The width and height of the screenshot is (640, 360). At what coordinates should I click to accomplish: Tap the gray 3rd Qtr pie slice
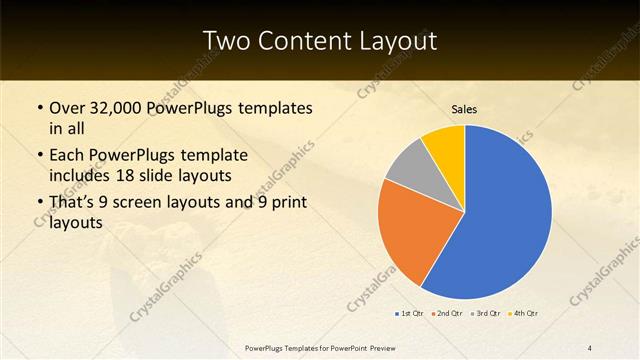[x=408, y=166]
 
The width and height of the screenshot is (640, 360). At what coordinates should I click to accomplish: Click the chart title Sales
[x=464, y=110]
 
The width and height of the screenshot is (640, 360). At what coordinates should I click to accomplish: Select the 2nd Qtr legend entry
[x=447, y=314]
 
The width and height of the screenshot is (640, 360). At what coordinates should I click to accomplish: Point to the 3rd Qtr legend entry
[x=485, y=314]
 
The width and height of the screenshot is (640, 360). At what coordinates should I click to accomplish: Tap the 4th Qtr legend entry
[x=523, y=314]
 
